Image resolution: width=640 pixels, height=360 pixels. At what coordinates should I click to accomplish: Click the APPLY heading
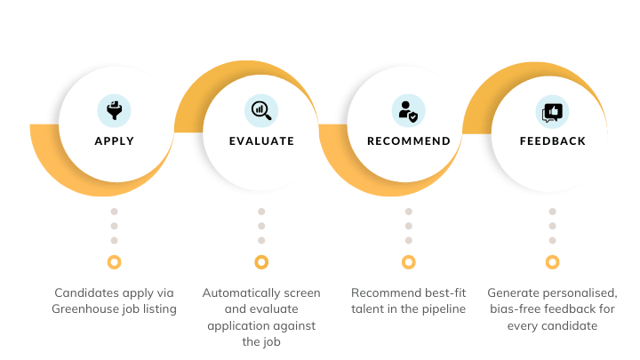coord(114,141)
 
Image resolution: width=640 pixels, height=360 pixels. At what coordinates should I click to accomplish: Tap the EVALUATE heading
coord(261,141)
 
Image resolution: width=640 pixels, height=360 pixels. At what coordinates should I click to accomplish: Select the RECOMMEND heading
coord(409,141)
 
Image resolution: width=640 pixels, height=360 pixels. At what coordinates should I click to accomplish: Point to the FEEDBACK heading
coord(553,141)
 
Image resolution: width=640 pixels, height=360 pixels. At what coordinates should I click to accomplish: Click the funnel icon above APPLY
coord(114,110)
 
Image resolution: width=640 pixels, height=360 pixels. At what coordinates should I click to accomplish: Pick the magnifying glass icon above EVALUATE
coord(261,110)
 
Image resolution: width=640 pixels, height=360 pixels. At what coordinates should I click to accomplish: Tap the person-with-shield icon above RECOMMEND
coord(409,110)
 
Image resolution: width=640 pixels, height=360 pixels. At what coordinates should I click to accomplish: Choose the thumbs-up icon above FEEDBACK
coord(553,112)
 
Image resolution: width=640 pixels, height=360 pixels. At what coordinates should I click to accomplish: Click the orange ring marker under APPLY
coord(114,262)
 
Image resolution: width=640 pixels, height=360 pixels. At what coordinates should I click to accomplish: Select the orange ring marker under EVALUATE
coord(261,262)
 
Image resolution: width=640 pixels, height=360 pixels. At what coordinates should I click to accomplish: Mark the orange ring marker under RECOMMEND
coord(409,262)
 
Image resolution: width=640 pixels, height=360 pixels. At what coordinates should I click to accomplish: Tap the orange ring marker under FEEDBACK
coord(553,262)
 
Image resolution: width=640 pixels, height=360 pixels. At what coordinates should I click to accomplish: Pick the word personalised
coord(580,292)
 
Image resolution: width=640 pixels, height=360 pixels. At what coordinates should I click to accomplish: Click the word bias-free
coord(515,309)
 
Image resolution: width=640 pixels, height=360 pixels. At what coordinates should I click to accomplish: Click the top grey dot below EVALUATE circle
coord(261,212)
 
